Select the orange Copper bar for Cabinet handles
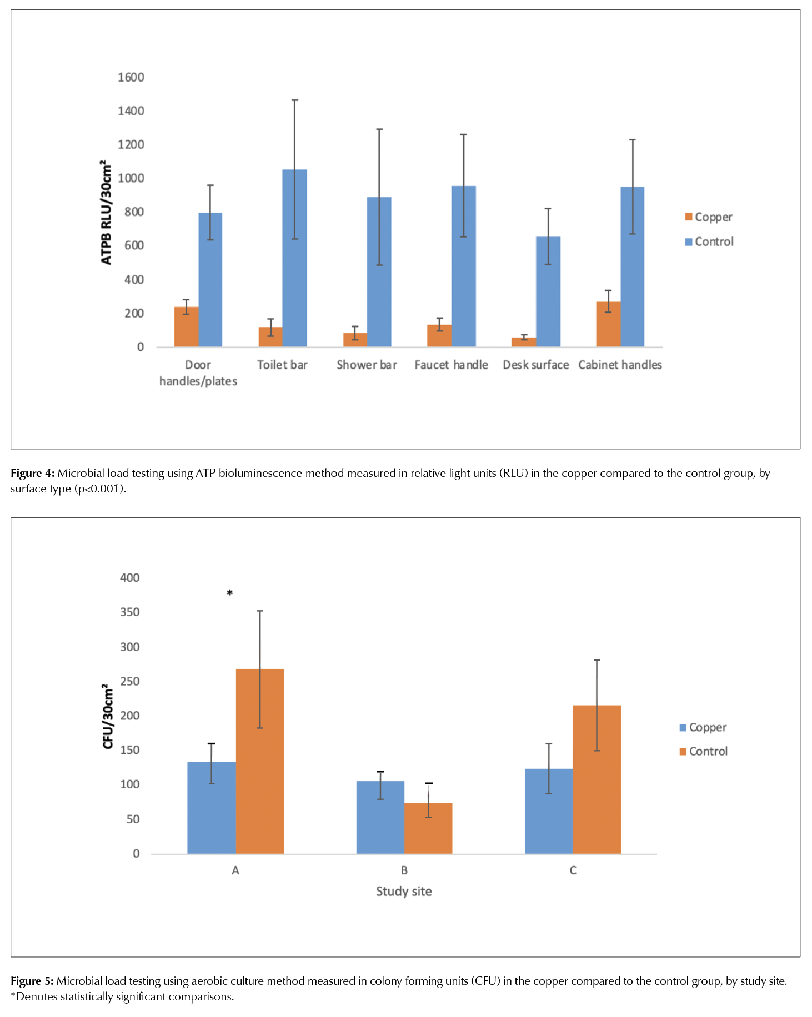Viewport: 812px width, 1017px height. [x=608, y=324]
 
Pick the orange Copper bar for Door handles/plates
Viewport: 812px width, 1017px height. [x=186, y=327]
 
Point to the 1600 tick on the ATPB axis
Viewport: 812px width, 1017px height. [x=131, y=77]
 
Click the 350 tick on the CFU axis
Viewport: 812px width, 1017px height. [x=129, y=612]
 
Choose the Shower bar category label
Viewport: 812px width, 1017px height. [x=367, y=365]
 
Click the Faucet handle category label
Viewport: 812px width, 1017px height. [x=451, y=365]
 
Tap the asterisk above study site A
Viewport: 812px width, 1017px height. [x=229, y=593]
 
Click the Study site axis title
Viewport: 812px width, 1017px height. [x=404, y=891]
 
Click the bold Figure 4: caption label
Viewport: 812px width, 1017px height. [x=32, y=473]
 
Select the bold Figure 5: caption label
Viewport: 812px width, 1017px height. [x=32, y=981]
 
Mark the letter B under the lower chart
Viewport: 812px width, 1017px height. [x=404, y=870]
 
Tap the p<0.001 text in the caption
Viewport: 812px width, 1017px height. [x=100, y=489]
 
